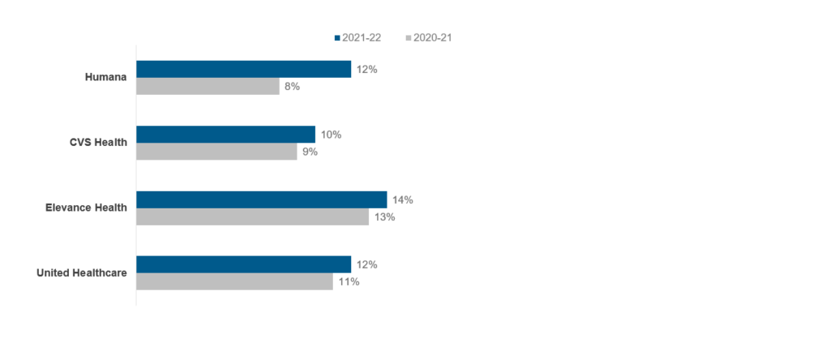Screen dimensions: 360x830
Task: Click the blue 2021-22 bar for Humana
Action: point(243,69)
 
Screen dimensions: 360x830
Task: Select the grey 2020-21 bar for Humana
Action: point(207,86)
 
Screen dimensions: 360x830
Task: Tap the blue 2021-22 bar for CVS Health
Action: point(225,134)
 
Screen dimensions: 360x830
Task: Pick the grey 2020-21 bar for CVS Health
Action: point(216,151)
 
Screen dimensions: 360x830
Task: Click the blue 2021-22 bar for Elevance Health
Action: point(261,199)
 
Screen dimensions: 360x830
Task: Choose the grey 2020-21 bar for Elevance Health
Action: point(252,216)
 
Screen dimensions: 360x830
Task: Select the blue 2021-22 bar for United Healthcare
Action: point(243,264)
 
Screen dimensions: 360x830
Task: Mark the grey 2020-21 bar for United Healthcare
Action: point(234,281)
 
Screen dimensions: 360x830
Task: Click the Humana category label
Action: point(106,78)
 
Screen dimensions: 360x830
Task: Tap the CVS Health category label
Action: point(98,143)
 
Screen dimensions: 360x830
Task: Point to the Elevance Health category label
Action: point(86,208)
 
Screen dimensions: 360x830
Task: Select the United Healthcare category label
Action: point(82,272)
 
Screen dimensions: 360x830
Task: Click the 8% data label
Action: point(292,86)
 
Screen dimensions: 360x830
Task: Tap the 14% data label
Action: point(403,199)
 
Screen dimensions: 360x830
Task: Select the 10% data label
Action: point(331,135)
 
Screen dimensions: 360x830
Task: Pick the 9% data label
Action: point(310,152)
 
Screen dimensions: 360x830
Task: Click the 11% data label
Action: point(349,281)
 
